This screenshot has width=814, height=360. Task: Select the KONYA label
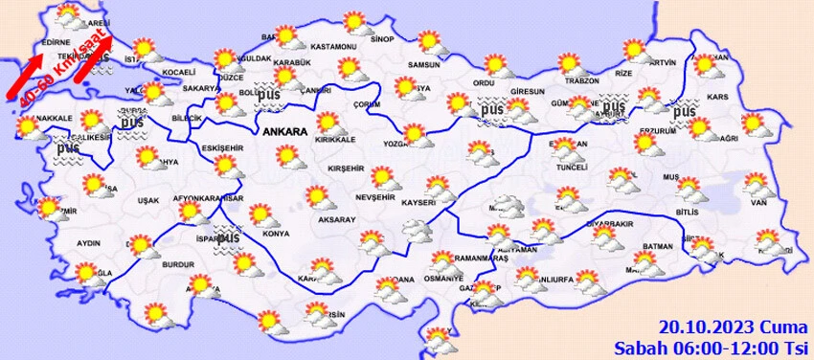276,234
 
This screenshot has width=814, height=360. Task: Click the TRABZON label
580,81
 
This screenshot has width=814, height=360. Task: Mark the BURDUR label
180,263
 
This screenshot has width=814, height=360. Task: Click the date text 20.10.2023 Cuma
734,327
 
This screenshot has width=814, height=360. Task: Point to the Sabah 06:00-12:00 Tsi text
711,346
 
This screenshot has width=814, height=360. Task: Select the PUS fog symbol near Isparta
228,238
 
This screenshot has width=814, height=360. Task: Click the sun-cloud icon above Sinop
355,21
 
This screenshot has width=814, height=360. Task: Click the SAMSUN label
423,65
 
